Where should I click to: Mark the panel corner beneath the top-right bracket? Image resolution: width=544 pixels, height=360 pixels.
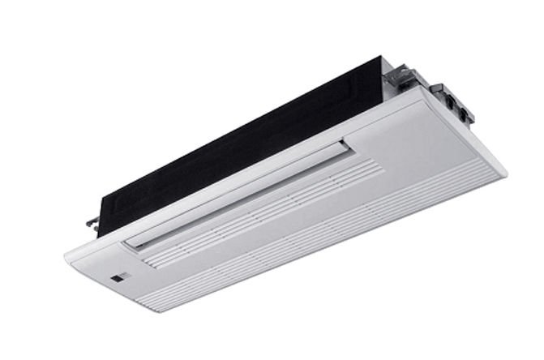click(422, 89)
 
